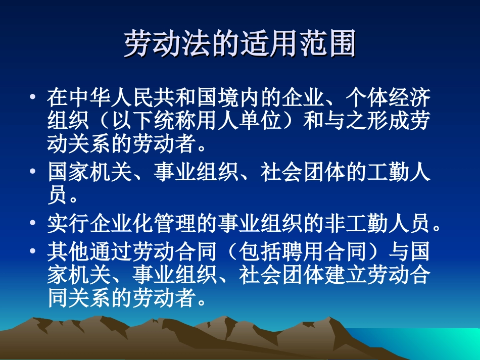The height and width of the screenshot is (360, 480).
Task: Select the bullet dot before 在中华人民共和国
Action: (x=33, y=96)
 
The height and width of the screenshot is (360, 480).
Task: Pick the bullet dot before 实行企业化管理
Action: (x=33, y=223)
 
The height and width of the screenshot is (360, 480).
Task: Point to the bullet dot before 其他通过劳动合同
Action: (x=33, y=250)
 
